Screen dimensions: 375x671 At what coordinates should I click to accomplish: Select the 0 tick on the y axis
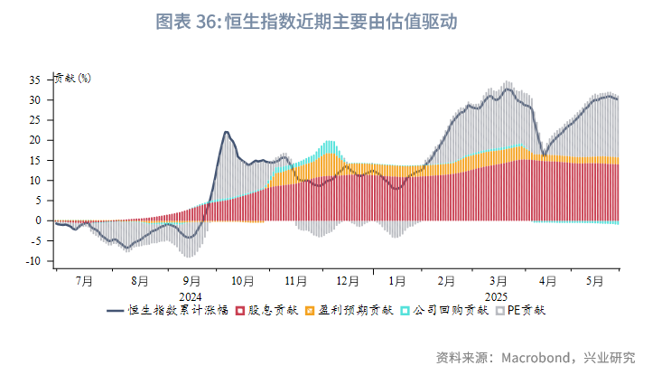[x=40, y=220]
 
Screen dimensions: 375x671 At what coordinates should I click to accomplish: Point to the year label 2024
[x=190, y=295]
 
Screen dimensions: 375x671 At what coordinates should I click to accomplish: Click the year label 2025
[x=496, y=295]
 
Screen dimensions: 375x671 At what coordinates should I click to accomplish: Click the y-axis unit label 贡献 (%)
[x=72, y=78]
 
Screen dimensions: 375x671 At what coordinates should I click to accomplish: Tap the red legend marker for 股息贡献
[x=240, y=311]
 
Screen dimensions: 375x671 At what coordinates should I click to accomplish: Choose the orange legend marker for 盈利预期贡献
[x=310, y=311]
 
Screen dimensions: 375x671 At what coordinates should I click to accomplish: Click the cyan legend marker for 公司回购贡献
[x=405, y=311]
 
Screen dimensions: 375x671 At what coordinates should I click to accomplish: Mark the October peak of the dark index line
[x=226, y=133]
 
